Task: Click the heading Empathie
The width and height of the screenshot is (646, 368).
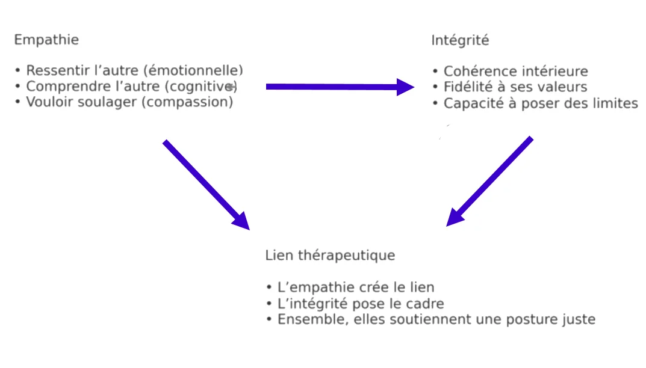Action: (46, 40)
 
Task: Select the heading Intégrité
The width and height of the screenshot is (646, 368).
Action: (460, 41)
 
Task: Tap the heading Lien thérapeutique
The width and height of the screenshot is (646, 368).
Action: (330, 255)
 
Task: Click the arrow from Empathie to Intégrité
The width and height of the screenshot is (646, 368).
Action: (340, 87)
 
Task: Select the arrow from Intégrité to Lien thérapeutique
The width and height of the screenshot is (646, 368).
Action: (489, 182)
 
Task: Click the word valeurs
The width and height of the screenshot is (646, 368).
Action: (562, 87)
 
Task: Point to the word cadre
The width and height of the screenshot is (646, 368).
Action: (426, 304)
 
